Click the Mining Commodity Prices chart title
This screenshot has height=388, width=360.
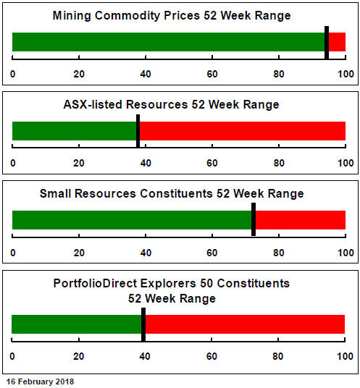(172, 16)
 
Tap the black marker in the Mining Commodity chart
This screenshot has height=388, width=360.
(327, 43)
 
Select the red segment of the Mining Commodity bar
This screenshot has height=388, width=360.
(337, 42)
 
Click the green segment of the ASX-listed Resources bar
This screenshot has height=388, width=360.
(75, 131)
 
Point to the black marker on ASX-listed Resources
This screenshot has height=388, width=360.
(138, 131)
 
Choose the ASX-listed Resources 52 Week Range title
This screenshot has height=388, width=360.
(172, 104)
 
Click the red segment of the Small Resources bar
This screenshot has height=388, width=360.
(301, 220)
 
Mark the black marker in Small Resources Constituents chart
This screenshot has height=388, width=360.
(254, 219)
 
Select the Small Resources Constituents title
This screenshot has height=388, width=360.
(172, 193)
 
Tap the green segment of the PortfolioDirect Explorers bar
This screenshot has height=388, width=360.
(77, 324)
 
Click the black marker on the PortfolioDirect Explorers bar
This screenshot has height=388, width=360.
(143, 324)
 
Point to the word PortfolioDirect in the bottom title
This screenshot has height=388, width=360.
(96, 283)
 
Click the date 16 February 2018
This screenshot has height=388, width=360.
(40, 381)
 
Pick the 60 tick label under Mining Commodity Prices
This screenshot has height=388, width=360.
(212, 74)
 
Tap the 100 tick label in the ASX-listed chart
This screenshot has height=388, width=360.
(346, 163)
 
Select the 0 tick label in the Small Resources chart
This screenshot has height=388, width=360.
(13, 253)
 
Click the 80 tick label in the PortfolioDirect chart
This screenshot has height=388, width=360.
(278, 356)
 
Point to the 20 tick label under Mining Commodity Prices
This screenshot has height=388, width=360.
(79, 74)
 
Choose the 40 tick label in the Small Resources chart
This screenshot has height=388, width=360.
(146, 253)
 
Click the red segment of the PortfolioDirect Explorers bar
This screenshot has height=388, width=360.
(245, 324)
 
